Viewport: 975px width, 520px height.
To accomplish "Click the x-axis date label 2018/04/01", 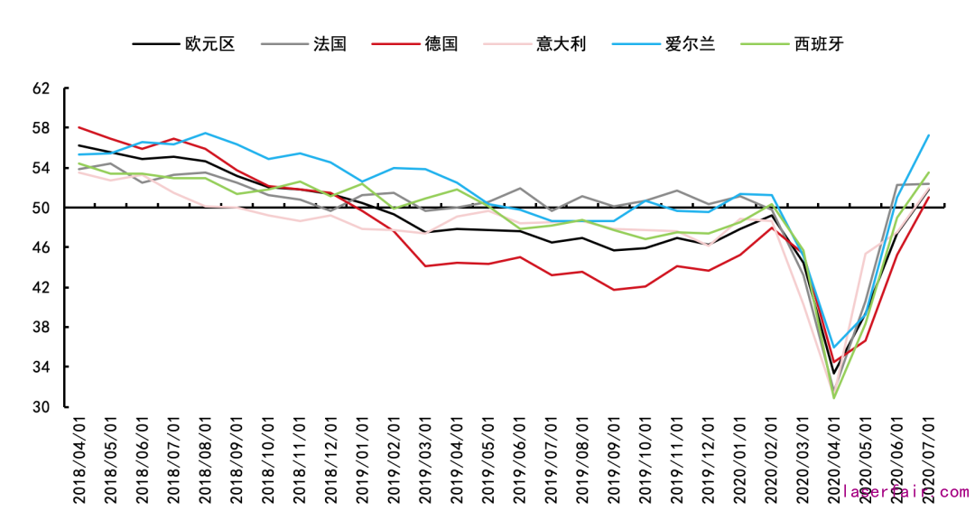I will (79, 460).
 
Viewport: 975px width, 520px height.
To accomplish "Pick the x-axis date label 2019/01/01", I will (363, 460).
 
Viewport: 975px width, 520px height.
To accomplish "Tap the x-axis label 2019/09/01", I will (615, 460).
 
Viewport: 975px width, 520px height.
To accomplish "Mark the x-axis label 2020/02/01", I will (772, 460).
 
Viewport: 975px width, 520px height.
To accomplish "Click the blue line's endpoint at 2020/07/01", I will (930, 135).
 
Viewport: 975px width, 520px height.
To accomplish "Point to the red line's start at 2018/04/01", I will (79, 127).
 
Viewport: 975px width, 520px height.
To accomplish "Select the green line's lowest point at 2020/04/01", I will (834, 397).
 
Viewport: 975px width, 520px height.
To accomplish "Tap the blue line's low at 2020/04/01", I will (835, 347).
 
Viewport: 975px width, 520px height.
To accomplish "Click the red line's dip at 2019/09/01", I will (615, 290).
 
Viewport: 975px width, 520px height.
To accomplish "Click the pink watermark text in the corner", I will (905, 492).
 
